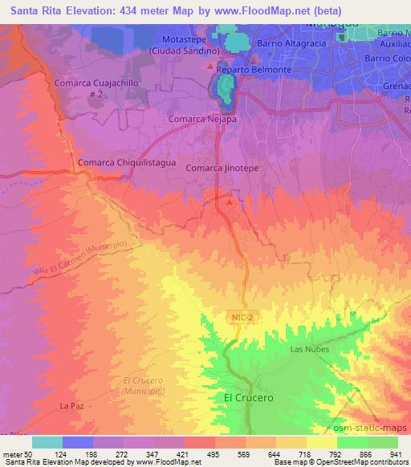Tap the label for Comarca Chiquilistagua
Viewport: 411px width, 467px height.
(x=116, y=163)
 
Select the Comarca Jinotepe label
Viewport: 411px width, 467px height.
(x=218, y=169)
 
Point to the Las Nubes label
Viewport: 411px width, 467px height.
(x=307, y=349)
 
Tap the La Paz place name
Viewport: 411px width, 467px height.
(x=72, y=406)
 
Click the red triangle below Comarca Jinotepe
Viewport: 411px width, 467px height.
(x=230, y=201)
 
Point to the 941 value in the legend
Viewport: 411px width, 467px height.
(x=397, y=454)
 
